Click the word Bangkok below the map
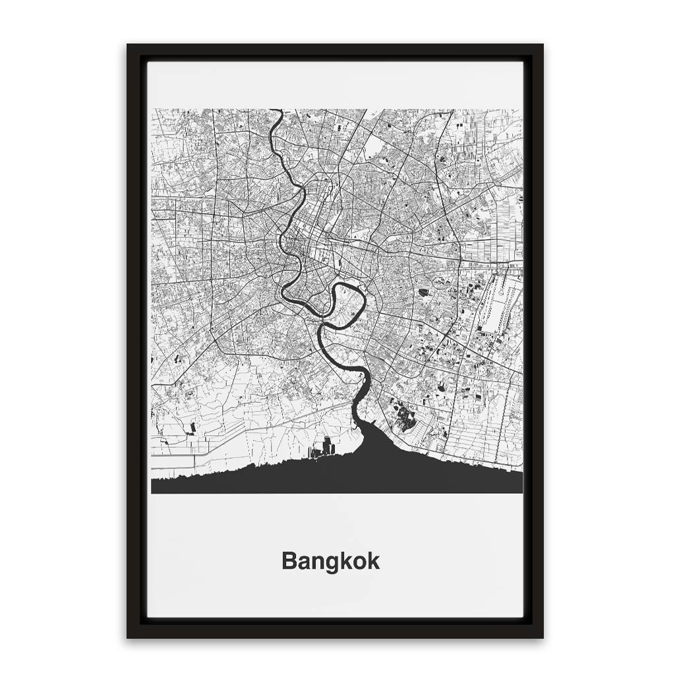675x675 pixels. [x=330, y=562]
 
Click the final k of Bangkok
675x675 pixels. [x=374, y=562]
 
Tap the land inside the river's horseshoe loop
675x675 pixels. [x=347, y=305]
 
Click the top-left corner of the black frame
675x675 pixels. [x=129, y=46]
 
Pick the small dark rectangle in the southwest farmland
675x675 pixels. [x=192, y=428]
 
